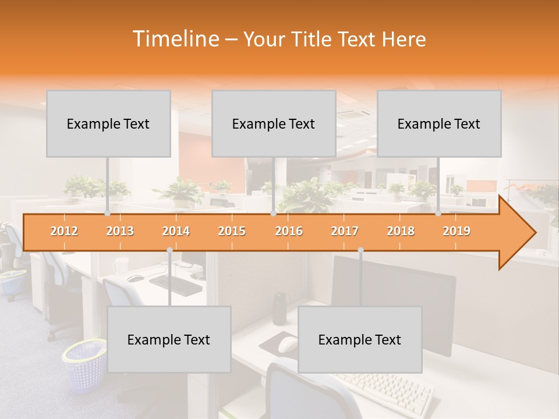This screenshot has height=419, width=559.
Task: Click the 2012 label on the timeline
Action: (x=64, y=231)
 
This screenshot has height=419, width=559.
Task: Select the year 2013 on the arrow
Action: (x=120, y=231)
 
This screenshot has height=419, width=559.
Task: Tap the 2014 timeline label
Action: (x=176, y=231)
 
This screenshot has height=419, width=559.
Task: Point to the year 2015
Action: (x=232, y=231)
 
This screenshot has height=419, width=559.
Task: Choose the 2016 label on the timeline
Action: (x=289, y=231)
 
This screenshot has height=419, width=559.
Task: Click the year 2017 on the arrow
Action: (x=345, y=231)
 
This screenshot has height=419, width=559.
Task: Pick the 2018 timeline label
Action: (x=401, y=231)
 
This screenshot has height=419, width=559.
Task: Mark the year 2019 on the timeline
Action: (x=457, y=231)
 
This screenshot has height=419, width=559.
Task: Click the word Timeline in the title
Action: (x=175, y=39)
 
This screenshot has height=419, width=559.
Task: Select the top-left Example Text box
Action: (x=108, y=123)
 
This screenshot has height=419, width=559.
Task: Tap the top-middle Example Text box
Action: (x=274, y=123)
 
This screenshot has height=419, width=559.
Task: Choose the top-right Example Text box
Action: (x=439, y=123)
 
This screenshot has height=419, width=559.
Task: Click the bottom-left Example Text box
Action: (x=169, y=339)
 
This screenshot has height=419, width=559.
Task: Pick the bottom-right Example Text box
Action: (x=360, y=339)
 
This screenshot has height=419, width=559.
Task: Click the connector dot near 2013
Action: (x=107, y=213)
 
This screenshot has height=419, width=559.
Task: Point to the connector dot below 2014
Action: (x=169, y=250)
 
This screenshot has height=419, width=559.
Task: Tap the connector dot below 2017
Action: (x=360, y=250)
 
